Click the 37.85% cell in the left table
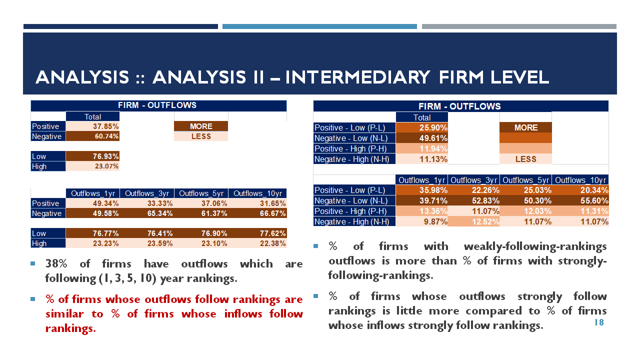[x=92, y=126]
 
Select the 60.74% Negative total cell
[x=92, y=136]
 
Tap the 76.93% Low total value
[x=92, y=156]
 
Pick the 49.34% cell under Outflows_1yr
[x=92, y=203]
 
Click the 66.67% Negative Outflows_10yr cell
[x=257, y=213]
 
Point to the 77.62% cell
[x=257, y=233]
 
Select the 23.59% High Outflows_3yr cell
[x=147, y=243]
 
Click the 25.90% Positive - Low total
[x=421, y=127]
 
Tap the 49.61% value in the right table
[x=421, y=138]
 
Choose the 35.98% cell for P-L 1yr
[x=421, y=190]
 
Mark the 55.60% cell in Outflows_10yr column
[x=580, y=200]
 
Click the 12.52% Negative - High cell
[x=473, y=221]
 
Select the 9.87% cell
[x=421, y=221]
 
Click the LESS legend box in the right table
[x=525, y=159]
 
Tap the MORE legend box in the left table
[x=201, y=126]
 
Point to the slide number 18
[x=599, y=322]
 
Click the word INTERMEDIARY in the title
[x=357, y=77]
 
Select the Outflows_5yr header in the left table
[x=201, y=193]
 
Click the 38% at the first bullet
[x=56, y=263]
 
